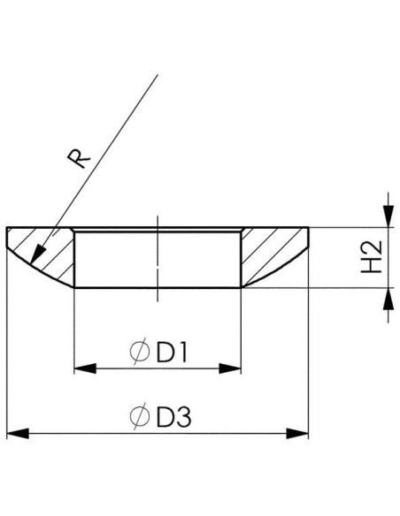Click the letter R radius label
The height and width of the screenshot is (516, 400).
pyautogui.click(x=79, y=159)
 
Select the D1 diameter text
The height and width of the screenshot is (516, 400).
pyautogui.click(x=172, y=353)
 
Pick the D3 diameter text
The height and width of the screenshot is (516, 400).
pyautogui.click(x=173, y=417)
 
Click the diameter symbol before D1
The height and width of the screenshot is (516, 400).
pyautogui.click(x=139, y=351)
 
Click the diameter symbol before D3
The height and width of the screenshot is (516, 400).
pyautogui.click(x=139, y=416)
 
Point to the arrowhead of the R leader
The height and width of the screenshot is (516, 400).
pyautogui.click(x=37, y=254)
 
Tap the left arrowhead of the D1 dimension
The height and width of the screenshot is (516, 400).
pyautogui.click(x=85, y=368)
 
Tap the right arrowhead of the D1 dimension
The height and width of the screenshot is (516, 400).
pyautogui.click(x=230, y=368)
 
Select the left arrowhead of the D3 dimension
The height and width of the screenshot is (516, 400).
pyautogui.click(x=18, y=434)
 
